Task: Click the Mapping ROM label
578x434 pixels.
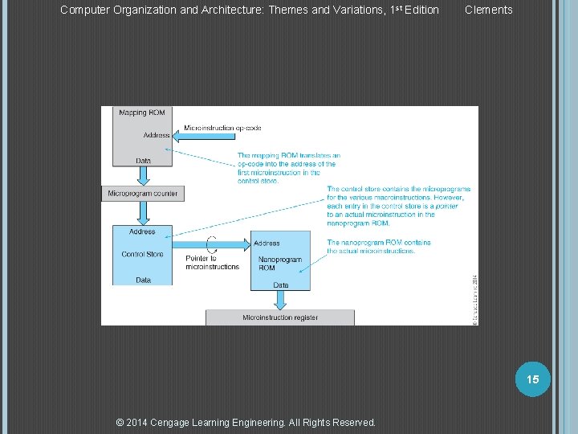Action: (x=142, y=113)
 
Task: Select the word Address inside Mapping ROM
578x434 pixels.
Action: (x=157, y=135)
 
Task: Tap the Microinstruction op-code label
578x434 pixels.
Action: (x=223, y=128)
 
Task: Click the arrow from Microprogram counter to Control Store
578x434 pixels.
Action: (x=143, y=213)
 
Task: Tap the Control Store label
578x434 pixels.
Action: (x=142, y=254)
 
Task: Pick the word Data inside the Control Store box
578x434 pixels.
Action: (x=143, y=280)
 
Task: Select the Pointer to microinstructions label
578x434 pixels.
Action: (x=212, y=263)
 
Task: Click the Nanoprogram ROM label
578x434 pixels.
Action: (x=280, y=264)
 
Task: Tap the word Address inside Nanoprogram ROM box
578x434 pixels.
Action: (x=267, y=243)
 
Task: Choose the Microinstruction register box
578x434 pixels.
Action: (x=280, y=317)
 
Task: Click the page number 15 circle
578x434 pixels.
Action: (x=533, y=379)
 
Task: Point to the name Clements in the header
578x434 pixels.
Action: (x=488, y=10)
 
